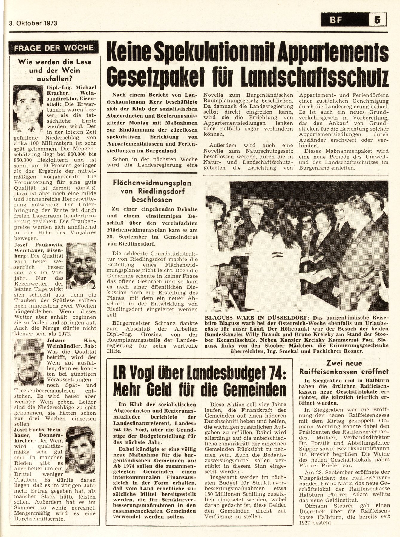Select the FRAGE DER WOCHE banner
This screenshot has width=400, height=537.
tap(54, 48)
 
